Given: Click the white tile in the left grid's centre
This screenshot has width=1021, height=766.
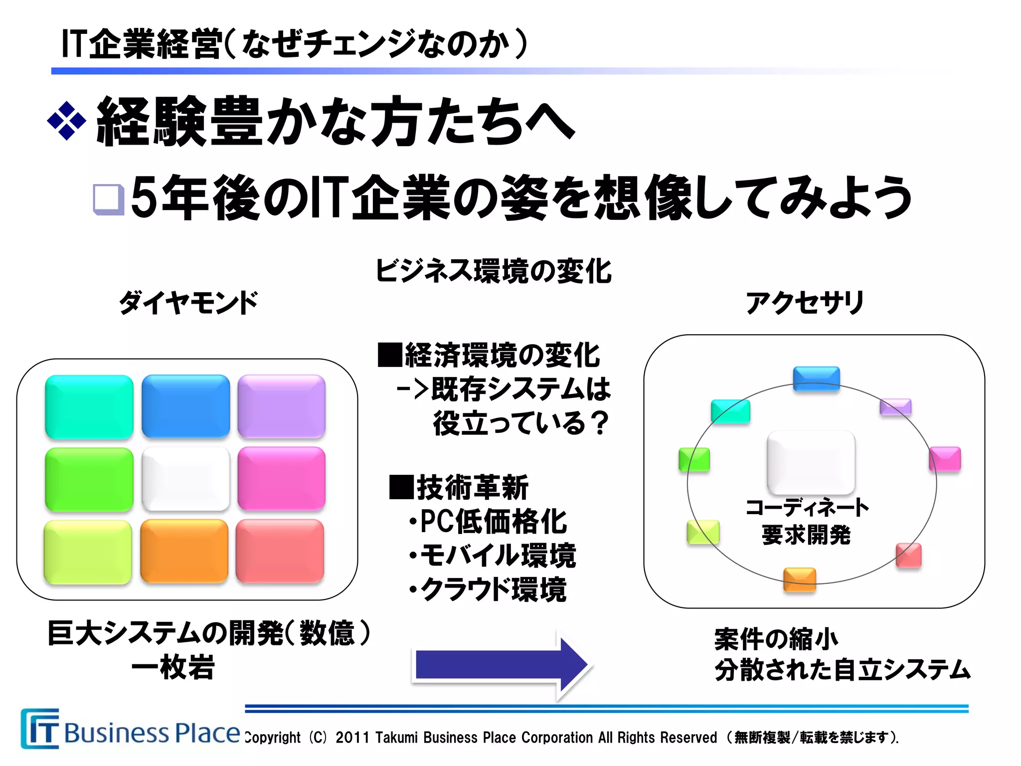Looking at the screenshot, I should click(x=185, y=479).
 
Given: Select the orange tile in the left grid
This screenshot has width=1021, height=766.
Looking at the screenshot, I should click(x=184, y=551).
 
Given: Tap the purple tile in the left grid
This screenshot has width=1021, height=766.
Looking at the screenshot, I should click(x=282, y=406).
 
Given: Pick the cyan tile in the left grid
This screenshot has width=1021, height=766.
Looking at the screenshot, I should click(x=89, y=406).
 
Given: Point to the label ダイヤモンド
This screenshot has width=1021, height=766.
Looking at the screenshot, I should click(x=188, y=303).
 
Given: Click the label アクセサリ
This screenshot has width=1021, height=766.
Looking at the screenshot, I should click(x=805, y=303).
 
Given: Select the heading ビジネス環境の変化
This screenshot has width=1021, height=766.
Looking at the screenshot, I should click(x=493, y=271).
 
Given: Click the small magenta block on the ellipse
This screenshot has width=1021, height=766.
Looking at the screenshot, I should click(x=945, y=459).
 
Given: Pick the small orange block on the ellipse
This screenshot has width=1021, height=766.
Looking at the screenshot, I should click(x=800, y=579).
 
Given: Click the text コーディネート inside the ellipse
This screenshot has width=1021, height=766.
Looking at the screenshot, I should click(x=807, y=508).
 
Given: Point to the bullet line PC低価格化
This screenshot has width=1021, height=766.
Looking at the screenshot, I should click(x=489, y=522).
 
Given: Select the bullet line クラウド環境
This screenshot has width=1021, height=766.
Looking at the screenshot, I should click(x=489, y=589).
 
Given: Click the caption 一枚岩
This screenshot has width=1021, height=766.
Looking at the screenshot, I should click(x=173, y=667).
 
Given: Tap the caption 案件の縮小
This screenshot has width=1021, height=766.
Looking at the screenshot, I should click(x=776, y=639).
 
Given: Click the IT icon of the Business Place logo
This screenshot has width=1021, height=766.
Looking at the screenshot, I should click(x=40, y=729).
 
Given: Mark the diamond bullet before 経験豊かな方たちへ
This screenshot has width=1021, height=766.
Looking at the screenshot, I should click(x=66, y=121).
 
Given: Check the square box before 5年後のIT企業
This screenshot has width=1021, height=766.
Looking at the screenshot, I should click(x=109, y=199).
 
